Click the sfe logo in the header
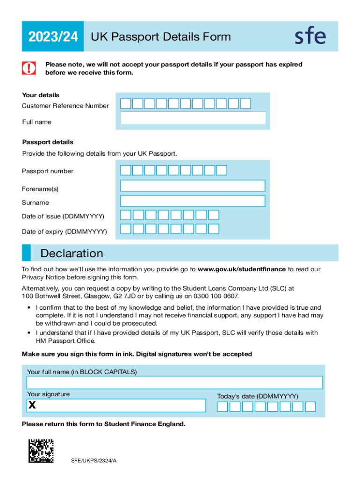point(310,36)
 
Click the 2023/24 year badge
point(52,36)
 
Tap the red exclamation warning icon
point(29,68)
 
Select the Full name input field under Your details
point(193,118)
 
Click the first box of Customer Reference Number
point(126,104)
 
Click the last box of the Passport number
point(222,170)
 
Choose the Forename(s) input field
point(193,186)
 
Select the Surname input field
point(193,201)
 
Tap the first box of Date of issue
point(126,215)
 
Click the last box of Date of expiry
point(214,229)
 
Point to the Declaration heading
point(72,254)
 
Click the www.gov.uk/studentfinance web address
point(241,269)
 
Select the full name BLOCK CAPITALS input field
point(174,383)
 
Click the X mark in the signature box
point(32,406)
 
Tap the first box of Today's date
point(223,407)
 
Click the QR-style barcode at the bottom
point(41,451)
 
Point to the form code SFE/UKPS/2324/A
point(94,461)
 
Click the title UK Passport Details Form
point(160,36)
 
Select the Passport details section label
point(48,142)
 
